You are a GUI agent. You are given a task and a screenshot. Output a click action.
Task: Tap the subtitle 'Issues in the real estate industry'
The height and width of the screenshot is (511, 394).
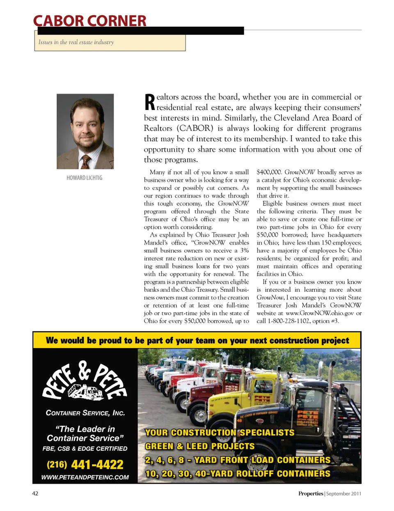pyautogui.click(x=76, y=42)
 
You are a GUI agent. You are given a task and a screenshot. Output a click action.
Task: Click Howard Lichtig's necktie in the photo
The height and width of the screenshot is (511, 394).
pyautogui.click(x=86, y=161)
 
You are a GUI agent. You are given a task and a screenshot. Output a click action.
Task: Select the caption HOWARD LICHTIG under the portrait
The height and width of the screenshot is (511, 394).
pyautogui.click(x=85, y=178)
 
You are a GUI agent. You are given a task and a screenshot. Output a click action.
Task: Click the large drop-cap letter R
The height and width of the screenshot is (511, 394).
pyautogui.click(x=149, y=102)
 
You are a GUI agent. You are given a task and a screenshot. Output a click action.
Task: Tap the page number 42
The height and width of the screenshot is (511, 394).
pyautogui.click(x=35, y=493)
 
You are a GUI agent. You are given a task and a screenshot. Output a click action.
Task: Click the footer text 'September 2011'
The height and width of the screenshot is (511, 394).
pyautogui.click(x=344, y=494)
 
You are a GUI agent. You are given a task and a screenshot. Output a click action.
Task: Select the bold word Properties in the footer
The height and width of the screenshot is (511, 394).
pyautogui.click(x=311, y=494)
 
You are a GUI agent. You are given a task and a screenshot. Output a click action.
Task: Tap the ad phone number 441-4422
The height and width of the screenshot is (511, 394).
pyautogui.click(x=97, y=465)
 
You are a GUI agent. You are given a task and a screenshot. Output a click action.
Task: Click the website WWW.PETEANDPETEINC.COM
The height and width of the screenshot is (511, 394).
pyautogui.click(x=85, y=477)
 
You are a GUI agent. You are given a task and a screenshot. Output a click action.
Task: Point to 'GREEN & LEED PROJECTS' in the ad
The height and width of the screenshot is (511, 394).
pyautogui.click(x=200, y=446)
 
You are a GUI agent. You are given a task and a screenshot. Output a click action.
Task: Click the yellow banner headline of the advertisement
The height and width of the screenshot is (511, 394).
pyautogui.click(x=197, y=340)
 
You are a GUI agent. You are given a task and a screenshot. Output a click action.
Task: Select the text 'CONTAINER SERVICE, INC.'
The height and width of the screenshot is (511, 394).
pyautogui.click(x=85, y=413)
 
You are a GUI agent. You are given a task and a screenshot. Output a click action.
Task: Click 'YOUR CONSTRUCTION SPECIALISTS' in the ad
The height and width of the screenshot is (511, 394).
pyautogui.click(x=220, y=433)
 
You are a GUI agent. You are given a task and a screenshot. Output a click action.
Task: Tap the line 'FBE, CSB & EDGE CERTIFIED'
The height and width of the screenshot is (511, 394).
pyautogui.click(x=85, y=449)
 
